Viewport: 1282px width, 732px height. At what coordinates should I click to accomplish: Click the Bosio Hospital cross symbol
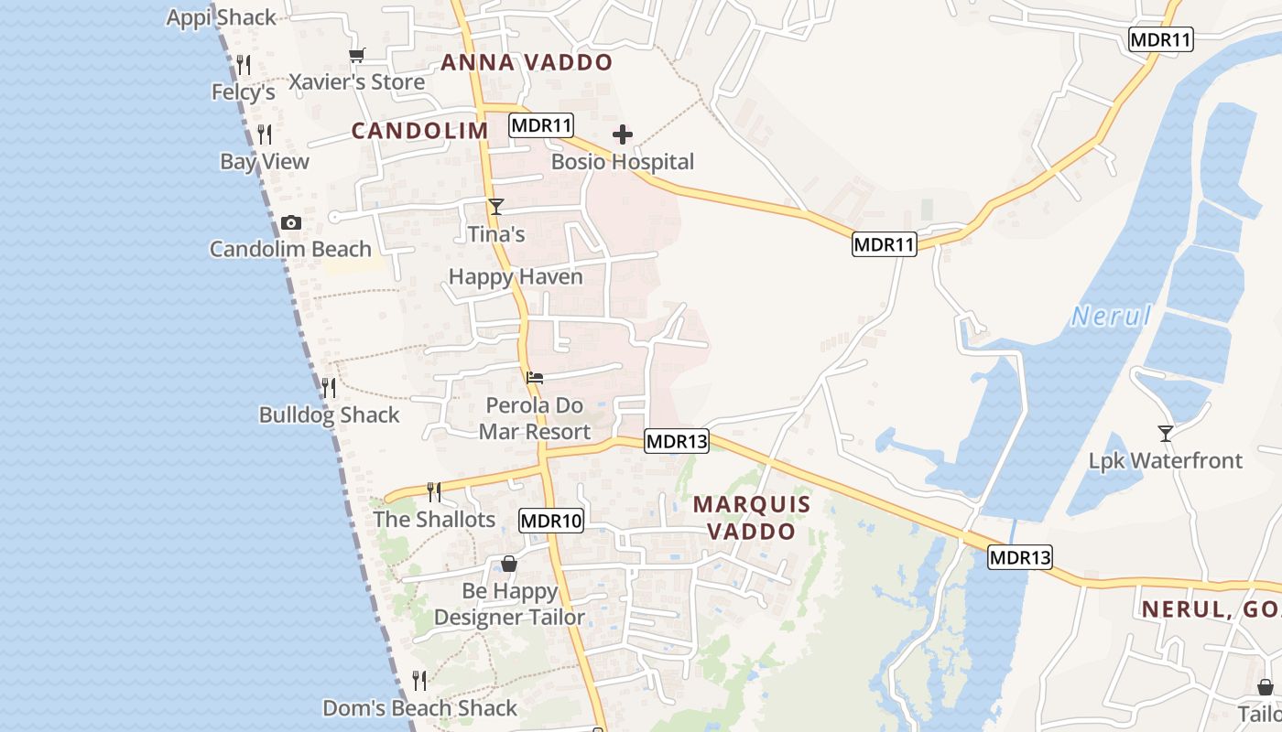coord(623,135)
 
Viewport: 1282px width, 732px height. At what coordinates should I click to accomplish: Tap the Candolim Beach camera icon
coord(291,222)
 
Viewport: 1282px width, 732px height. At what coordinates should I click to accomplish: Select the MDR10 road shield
coord(551,522)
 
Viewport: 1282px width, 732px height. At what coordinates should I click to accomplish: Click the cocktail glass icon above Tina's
coord(495,207)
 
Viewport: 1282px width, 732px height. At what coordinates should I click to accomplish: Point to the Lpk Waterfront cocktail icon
coord(1165,433)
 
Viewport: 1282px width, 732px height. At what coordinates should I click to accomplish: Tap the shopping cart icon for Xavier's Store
coord(357,56)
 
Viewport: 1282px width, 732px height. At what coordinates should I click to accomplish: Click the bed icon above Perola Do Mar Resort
coord(535,377)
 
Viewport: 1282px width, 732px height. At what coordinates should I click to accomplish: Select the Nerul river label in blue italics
coord(1111,317)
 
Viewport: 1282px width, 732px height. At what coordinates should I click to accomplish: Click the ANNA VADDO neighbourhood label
coord(527,62)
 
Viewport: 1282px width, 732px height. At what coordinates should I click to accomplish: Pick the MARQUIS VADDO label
coord(752,517)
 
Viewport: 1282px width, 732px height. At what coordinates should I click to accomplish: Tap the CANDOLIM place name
coord(420,131)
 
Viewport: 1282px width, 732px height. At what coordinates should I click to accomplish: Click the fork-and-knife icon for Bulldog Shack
coord(329,388)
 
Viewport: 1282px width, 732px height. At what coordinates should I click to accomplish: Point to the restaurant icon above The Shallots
coord(434,492)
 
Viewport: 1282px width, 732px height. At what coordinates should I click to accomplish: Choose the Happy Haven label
coord(516,276)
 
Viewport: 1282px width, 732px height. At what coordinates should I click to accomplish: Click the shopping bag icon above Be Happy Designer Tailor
coord(509,564)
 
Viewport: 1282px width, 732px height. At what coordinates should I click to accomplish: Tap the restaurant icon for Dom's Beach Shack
coord(419,680)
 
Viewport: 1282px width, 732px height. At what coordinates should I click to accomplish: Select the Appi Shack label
coord(221,17)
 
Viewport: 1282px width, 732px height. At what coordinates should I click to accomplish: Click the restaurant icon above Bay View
coord(265,135)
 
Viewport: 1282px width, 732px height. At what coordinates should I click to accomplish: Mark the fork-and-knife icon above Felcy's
coord(244,65)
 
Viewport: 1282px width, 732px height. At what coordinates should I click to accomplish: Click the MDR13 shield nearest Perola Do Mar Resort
coord(677,442)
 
